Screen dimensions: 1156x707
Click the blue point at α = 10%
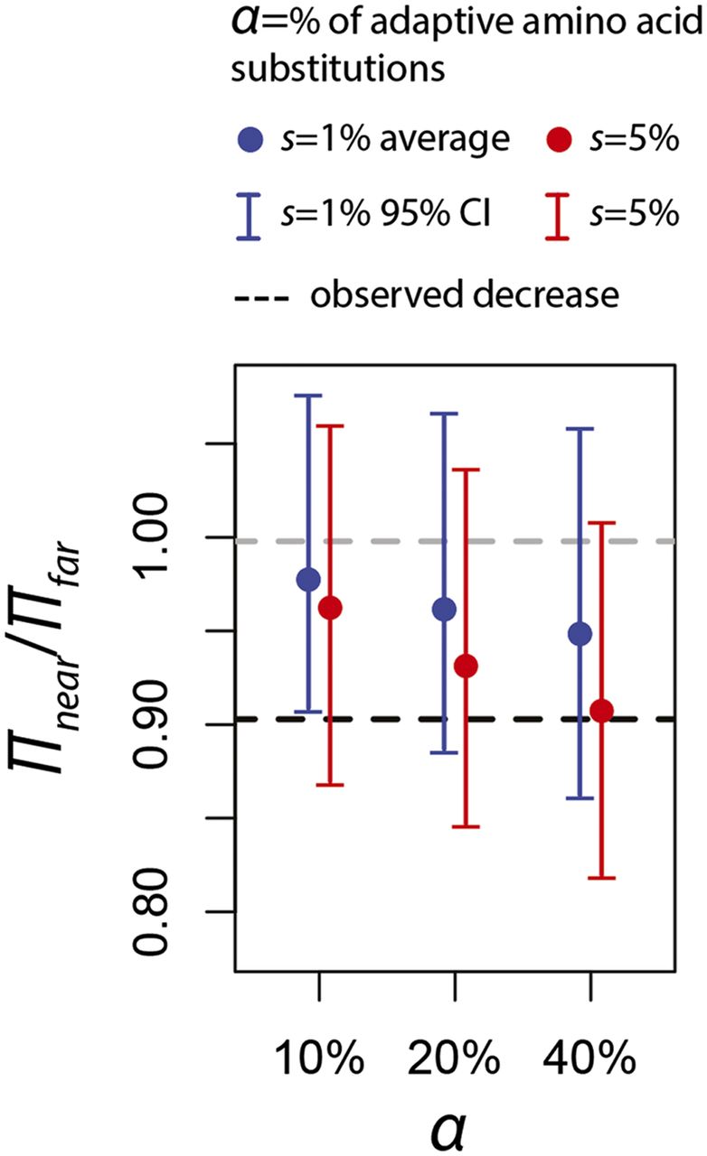pyautogui.click(x=308, y=579)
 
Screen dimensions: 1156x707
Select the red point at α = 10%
pyautogui.click(x=331, y=608)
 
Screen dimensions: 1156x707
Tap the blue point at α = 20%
pyautogui.click(x=444, y=609)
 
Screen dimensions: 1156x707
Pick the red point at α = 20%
pyautogui.click(x=466, y=667)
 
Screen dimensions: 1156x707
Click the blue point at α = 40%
pyautogui.click(x=580, y=634)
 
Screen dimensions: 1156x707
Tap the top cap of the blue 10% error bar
pyautogui.click(x=308, y=396)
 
